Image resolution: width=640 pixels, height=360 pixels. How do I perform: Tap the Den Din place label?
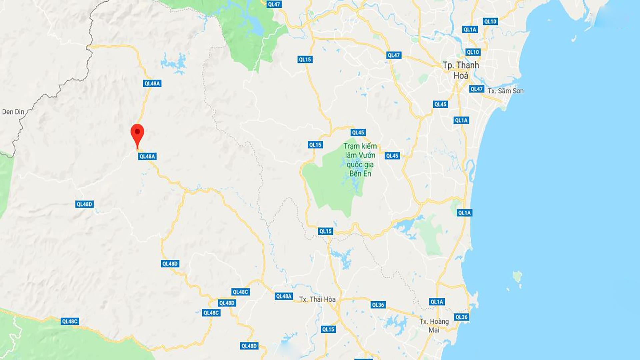13,112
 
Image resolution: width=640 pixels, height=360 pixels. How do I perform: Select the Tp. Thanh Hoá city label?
461,70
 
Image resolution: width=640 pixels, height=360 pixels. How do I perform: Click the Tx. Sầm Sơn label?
505,91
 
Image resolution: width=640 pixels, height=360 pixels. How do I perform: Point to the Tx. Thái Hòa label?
317,299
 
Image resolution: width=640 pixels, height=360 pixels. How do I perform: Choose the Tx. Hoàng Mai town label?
434,325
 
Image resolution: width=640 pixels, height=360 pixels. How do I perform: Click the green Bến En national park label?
360,160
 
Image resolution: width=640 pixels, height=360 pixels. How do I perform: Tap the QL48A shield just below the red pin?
147,156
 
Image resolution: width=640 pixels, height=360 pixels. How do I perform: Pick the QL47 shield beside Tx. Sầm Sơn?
477,89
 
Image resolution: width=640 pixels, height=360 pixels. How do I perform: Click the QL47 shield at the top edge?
274,4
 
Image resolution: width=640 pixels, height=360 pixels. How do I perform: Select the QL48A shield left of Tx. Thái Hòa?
284,296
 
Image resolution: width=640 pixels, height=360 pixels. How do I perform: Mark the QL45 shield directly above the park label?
358,132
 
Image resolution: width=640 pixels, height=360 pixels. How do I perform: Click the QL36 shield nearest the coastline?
461,317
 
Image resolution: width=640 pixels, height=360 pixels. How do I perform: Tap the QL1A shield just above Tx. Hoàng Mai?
437,302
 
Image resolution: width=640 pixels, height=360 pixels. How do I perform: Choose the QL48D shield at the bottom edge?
249,346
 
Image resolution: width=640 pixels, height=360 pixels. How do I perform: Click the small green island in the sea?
517,276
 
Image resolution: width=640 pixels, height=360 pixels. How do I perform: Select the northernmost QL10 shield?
490,22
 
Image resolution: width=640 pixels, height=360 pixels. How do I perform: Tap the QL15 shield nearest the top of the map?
305,60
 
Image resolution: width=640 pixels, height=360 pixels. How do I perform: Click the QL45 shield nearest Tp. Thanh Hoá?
440,104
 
